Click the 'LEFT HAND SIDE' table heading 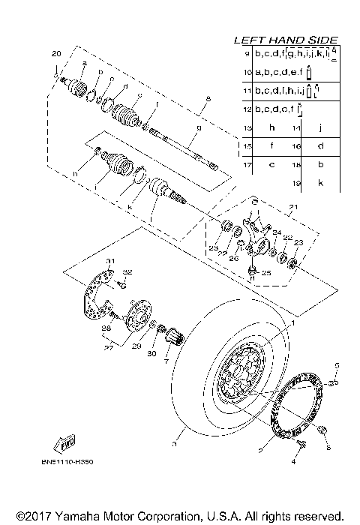pyautogui.click(x=286, y=40)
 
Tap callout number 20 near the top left pyautogui.click(x=55, y=54)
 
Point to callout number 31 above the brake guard pyautogui.click(x=109, y=260)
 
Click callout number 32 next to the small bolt pyautogui.click(x=127, y=271)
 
